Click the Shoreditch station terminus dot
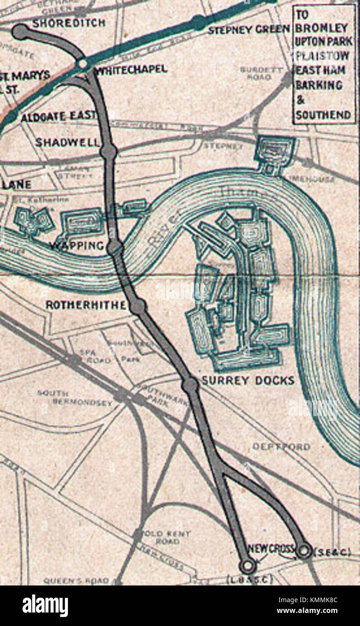pyautogui.click(x=20, y=32)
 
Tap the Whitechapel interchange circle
pyautogui.click(x=83, y=64)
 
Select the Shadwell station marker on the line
pyautogui.click(x=108, y=152)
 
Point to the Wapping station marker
pyautogui.click(x=115, y=247)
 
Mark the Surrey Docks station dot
pyautogui.click(x=190, y=385)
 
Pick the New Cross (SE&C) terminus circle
pyautogui.click(x=304, y=550)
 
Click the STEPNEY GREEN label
pyautogui.click(x=249, y=30)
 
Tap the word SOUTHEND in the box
pyautogui.click(x=323, y=114)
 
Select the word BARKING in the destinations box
pyautogui.click(x=318, y=85)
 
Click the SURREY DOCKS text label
pyautogui.click(x=247, y=381)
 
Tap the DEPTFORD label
pyautogui.click(x=281, y=447)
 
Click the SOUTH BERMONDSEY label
pyautogui.click(x=74, y=398)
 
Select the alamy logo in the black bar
pyautogui.click(x=45, y=605)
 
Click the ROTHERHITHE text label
pyautogui.click(x=85, y=305)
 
